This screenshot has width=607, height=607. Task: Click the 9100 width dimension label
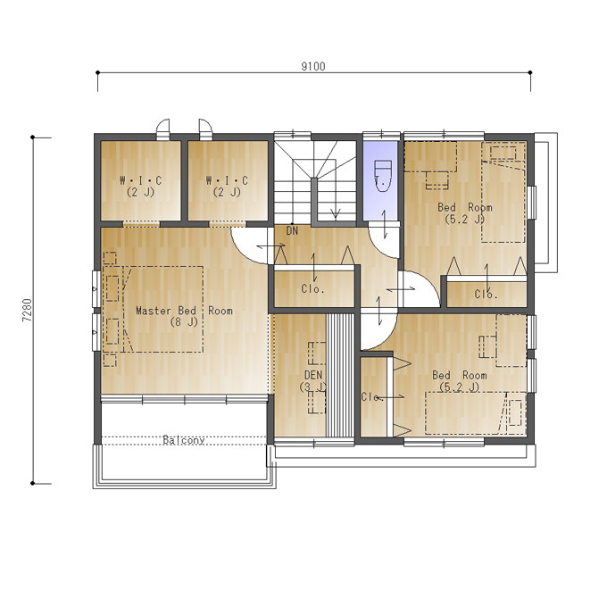point(313,67)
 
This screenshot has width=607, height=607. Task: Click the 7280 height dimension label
point(27,310)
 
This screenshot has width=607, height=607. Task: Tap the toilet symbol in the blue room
point(382,177)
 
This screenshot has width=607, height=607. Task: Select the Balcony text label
point(184,440)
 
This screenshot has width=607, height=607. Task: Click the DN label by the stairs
point(292,231)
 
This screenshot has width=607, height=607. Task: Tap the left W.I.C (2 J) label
point(140,187)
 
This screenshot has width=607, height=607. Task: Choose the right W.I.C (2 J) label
point(227,187)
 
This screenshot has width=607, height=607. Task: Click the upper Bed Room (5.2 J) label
point(465,213)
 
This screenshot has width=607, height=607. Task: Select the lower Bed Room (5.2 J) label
point(460,381)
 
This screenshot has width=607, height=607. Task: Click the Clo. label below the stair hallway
point(312,289)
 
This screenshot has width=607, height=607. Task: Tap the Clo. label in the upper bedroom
point(486,295)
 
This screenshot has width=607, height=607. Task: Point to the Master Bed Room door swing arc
point(243,253)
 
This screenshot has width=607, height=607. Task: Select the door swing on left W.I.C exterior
point(163,122)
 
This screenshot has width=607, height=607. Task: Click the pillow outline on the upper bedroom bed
point(503,153)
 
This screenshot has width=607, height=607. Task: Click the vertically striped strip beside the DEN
point(340,376)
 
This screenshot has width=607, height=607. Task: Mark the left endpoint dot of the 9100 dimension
point(97,72)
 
